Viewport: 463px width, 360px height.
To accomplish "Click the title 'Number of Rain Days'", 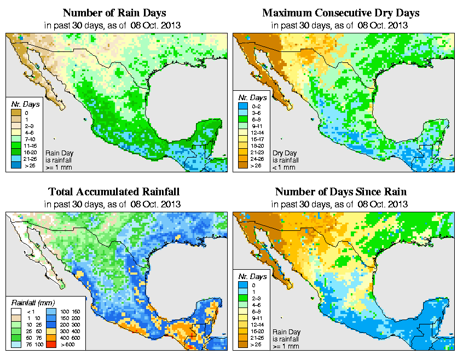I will (x=114, y=13).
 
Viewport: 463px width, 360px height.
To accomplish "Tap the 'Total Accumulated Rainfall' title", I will (x=114, y=192).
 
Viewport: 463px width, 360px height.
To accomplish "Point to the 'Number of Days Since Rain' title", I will (x=340, y=192).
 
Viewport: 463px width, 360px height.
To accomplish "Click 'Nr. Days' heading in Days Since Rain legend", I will (x=255, y=276).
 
